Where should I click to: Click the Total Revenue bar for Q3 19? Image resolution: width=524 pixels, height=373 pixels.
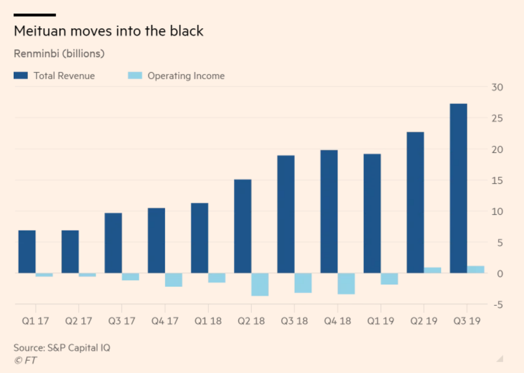(x=458, y=188)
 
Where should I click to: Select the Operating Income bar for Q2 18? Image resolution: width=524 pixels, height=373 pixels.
(x=260, y=284)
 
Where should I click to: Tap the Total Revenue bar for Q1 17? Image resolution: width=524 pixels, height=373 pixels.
(x=27, y=251)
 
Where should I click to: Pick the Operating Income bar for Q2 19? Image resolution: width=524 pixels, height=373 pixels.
(x=432, y=270)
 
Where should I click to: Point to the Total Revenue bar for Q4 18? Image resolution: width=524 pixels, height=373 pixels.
(x=329, y=211)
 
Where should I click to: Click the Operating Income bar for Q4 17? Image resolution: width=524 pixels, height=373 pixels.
(x=173, y=280)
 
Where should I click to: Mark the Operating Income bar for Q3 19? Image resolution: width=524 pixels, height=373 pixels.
(x=476, y=269)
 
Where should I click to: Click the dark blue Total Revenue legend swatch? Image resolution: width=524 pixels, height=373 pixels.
(x=21, y=76)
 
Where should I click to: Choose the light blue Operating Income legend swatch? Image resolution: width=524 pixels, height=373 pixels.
(x=135, y=76)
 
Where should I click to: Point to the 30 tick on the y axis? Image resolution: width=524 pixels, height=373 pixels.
(x=498, y=87)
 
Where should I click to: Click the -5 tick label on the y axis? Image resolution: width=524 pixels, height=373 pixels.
(x=498, y=304)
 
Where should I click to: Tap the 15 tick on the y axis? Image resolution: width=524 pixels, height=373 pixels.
(x=498, y=181)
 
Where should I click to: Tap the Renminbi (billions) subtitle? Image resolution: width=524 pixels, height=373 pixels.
(x=59, y=53)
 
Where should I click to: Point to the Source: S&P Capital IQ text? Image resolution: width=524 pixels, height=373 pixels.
(x=62, y=348)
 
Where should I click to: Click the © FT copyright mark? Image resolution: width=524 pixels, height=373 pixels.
(x=25, y=360)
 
